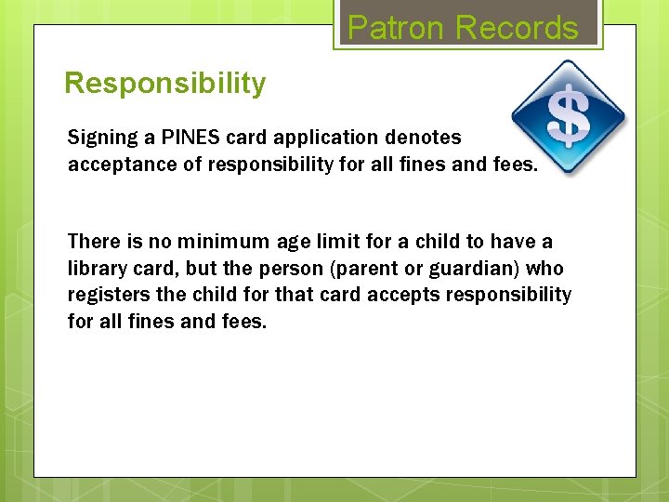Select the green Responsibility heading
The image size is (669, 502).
tap(164, 84)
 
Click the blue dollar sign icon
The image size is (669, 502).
tap(568, 117)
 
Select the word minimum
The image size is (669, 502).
tap(224, 242)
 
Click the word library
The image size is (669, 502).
tap(95, 269)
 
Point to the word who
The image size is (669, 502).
tap(545, 269)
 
